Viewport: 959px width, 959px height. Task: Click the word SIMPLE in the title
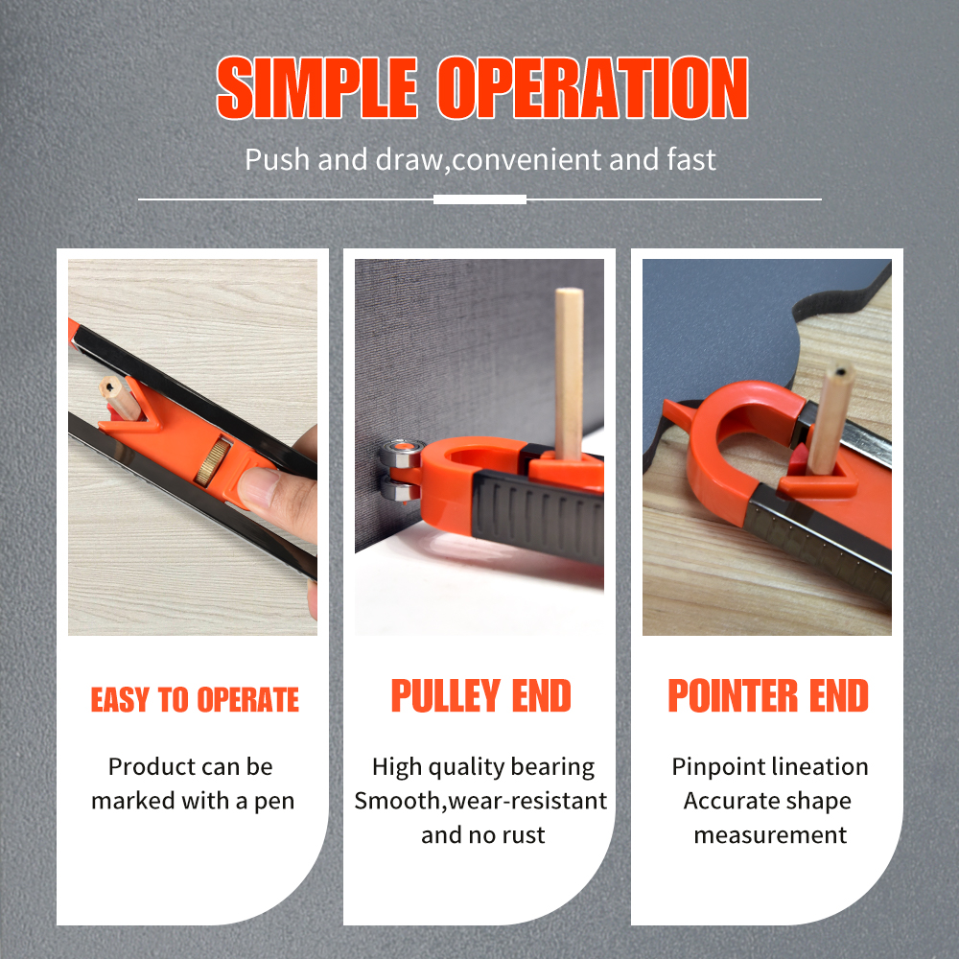click(316, 87)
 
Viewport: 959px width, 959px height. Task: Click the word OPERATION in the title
click(592, 87)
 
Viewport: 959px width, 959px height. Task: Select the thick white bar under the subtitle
click(479, 199)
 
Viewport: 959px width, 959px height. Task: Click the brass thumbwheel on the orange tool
click(213, 462)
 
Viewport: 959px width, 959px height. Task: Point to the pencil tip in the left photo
click(109, 387)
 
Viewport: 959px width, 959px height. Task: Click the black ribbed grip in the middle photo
click(538, 517)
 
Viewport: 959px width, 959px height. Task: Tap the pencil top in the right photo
click(841, 371)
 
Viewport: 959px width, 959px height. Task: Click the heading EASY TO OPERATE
click(195, 700)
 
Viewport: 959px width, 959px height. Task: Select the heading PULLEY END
click(480, 696)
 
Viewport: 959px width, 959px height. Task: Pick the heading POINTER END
click(767, 696)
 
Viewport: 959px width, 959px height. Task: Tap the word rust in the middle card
click(525, 835)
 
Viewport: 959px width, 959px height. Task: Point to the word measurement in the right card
click(770, 835)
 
